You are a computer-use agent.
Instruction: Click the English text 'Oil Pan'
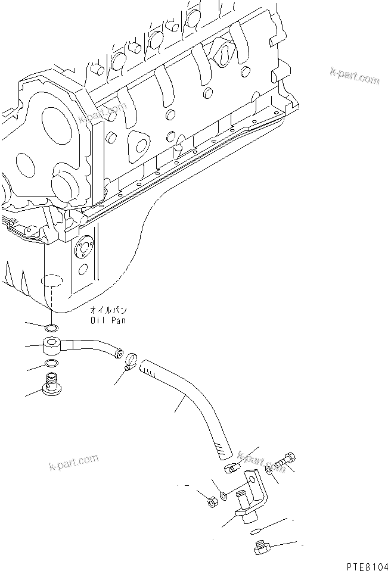[108, 320]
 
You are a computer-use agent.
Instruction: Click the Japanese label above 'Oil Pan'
[108, 310]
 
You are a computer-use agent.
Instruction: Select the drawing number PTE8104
[367, 566]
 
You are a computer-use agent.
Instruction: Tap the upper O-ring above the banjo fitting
[51, 328]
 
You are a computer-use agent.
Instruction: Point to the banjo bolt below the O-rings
[51, 383]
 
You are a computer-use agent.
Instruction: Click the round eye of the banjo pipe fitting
[52, 345]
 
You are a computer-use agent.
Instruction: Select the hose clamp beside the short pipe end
[131, 360]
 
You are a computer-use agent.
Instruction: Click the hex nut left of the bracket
[212, 503]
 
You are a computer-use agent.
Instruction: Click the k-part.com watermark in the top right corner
[355, 76]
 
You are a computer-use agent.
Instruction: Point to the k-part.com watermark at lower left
[74, 462]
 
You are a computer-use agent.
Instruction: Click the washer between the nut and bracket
[223, 495]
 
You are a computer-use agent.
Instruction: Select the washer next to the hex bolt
[269, 470]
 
